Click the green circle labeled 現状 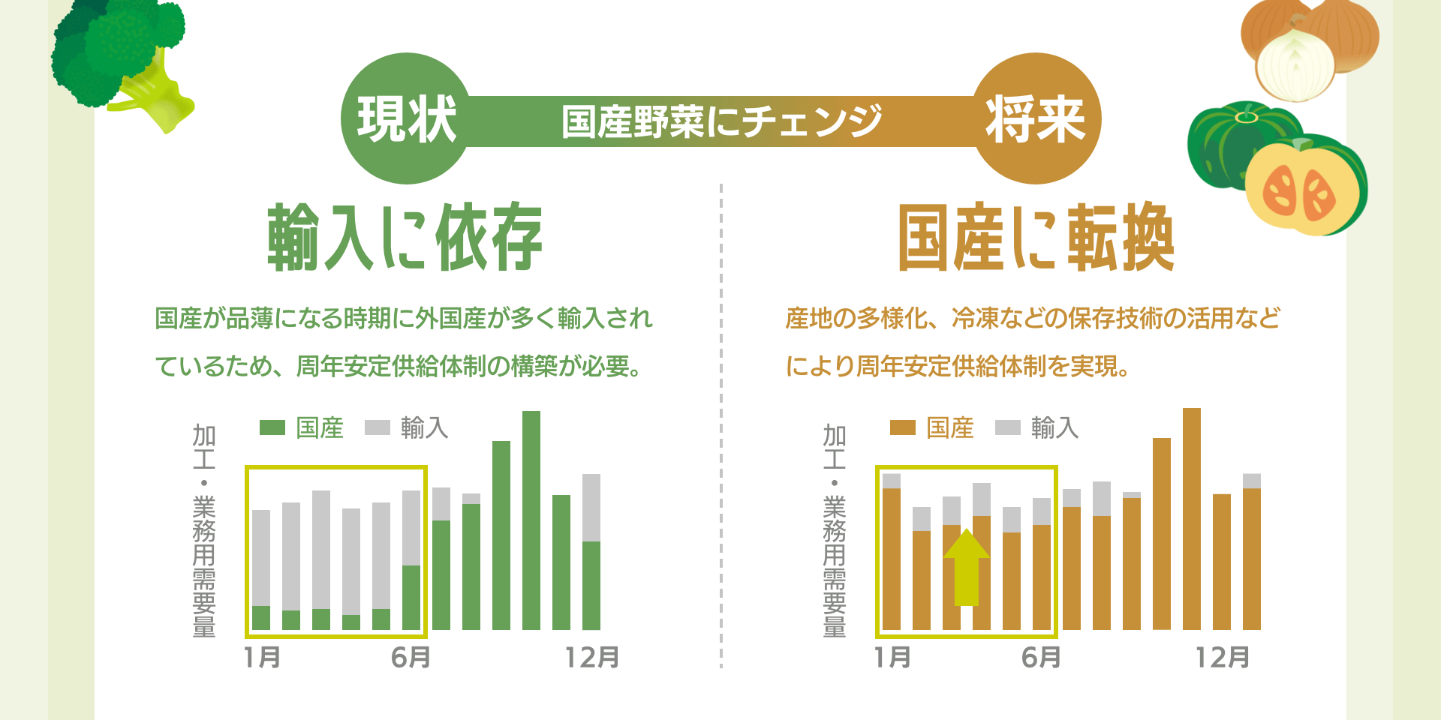[x=405, y=118]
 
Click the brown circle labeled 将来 [x=1036, y=118]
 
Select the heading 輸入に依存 [x=405, y=237]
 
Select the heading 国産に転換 [x=1036, y=237]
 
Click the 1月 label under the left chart [x=263, y=658]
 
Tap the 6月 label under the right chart [x=1042, y=658]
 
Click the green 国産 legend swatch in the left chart [x=272, y=427]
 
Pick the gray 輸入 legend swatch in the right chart [x=1007, y=427]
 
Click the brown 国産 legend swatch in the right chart [x=902, y=427]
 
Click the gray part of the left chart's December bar [x=591, y=507]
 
